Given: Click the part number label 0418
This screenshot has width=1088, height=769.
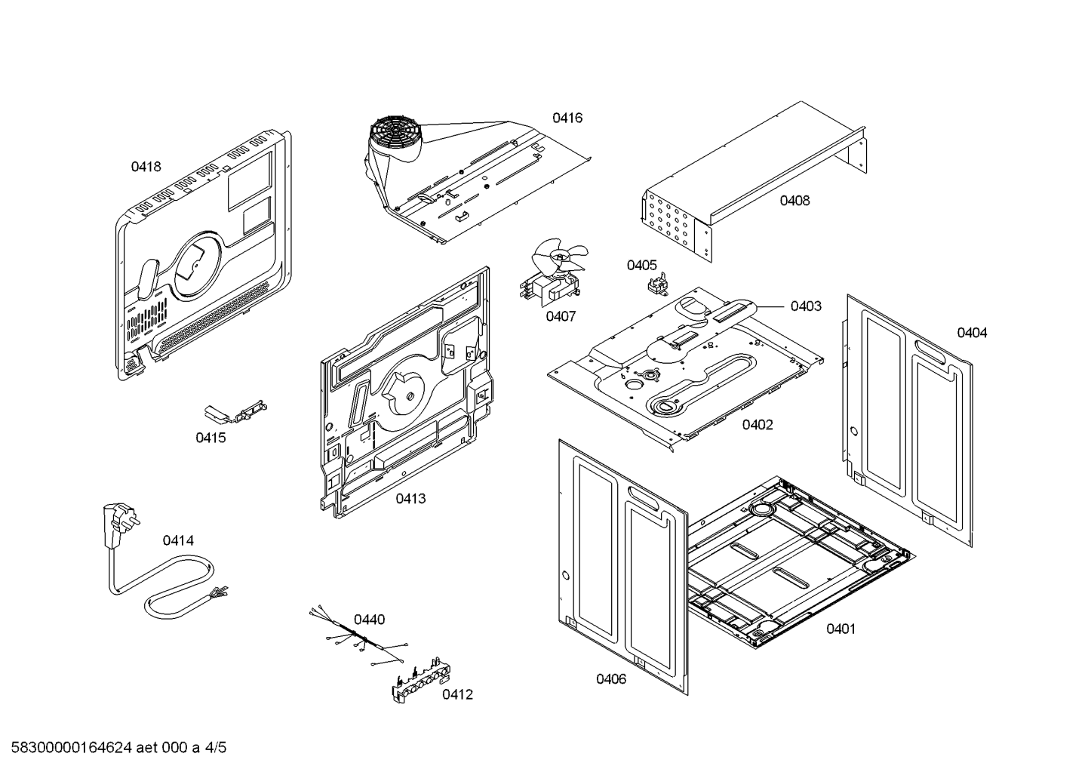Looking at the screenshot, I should tap(146, 167).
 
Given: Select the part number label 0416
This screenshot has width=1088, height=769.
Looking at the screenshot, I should tap(567, 118).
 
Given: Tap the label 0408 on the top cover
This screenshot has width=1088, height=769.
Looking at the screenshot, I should tap(794, 201).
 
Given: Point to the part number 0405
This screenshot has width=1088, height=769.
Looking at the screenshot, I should tap(641, 265).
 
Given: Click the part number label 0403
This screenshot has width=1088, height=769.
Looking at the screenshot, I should tap(806, 306).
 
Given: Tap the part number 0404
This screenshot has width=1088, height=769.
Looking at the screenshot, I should tap(972, 333).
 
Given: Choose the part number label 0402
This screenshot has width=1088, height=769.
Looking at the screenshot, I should tap(757, 425).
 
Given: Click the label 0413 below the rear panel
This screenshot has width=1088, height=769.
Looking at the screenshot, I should tap(410, 499).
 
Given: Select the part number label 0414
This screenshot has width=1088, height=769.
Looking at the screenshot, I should tap(178, 540).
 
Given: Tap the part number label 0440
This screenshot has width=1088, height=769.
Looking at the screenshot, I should tap(369, 620).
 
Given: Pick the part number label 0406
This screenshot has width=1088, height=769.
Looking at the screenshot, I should tap(611, 679).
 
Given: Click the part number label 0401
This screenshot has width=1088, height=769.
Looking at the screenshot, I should tap(841, 629).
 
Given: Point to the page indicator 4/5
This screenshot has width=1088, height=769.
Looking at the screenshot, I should tap(216, 749).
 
